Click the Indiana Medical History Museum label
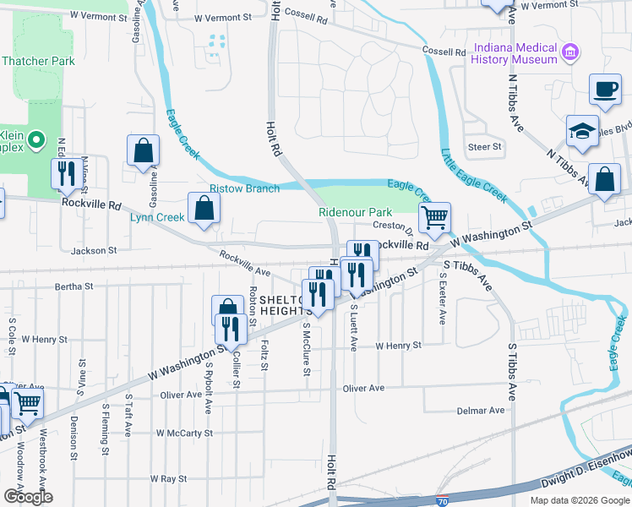[x=515, y=53]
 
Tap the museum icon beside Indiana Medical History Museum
[x=570, y=53]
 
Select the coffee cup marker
[x=604, y=90]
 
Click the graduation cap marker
[x=582, y=132]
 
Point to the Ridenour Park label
[x=356, y=212]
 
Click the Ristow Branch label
[x=244, y=188]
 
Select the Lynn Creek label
[x=157, y=217]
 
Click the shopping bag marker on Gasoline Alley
[x=144, y=151]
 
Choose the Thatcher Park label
[x=39, y=61]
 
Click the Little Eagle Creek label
[x=473, y=176]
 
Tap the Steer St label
[x=485, y=146]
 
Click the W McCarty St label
[x=185, y=433]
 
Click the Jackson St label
[x=93, y=251]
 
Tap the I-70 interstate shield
[x=443, y=500]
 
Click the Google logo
[x=28, y=497]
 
